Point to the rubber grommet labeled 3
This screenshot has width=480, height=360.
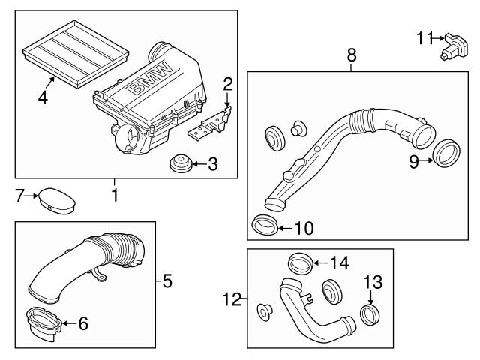pyautogui.click(x=180, y=162)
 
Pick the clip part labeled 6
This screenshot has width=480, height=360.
pyautogui.click(x=45, y=323)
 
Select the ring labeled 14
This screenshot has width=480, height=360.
pyautogui.click(x=299, y=264)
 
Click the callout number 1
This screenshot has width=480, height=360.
pyautogui.click(x=115, y=196)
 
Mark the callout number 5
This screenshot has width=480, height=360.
pyautogui.click(x=168, y=282)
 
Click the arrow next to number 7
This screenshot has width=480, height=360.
pyautogui.click(x=30, y=196)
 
